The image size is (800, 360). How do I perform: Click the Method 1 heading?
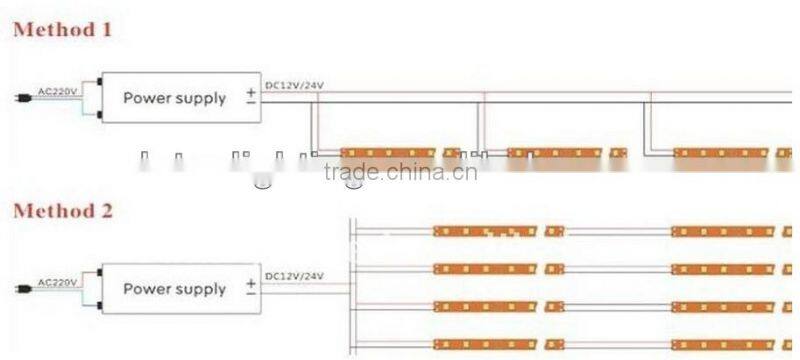62,30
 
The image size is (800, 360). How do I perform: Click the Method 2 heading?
62,211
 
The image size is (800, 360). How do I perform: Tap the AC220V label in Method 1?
58,91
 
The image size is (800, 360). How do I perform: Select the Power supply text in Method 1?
174,98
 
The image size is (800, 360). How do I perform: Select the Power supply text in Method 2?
174,289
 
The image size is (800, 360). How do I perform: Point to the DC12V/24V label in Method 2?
294,275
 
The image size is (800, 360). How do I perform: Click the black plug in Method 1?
22,98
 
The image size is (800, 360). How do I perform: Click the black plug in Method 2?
22,288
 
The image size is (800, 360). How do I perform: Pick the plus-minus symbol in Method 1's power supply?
250,97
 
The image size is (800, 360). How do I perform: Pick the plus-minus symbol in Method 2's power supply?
250,288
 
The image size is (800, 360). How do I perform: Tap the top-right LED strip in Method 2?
722,231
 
